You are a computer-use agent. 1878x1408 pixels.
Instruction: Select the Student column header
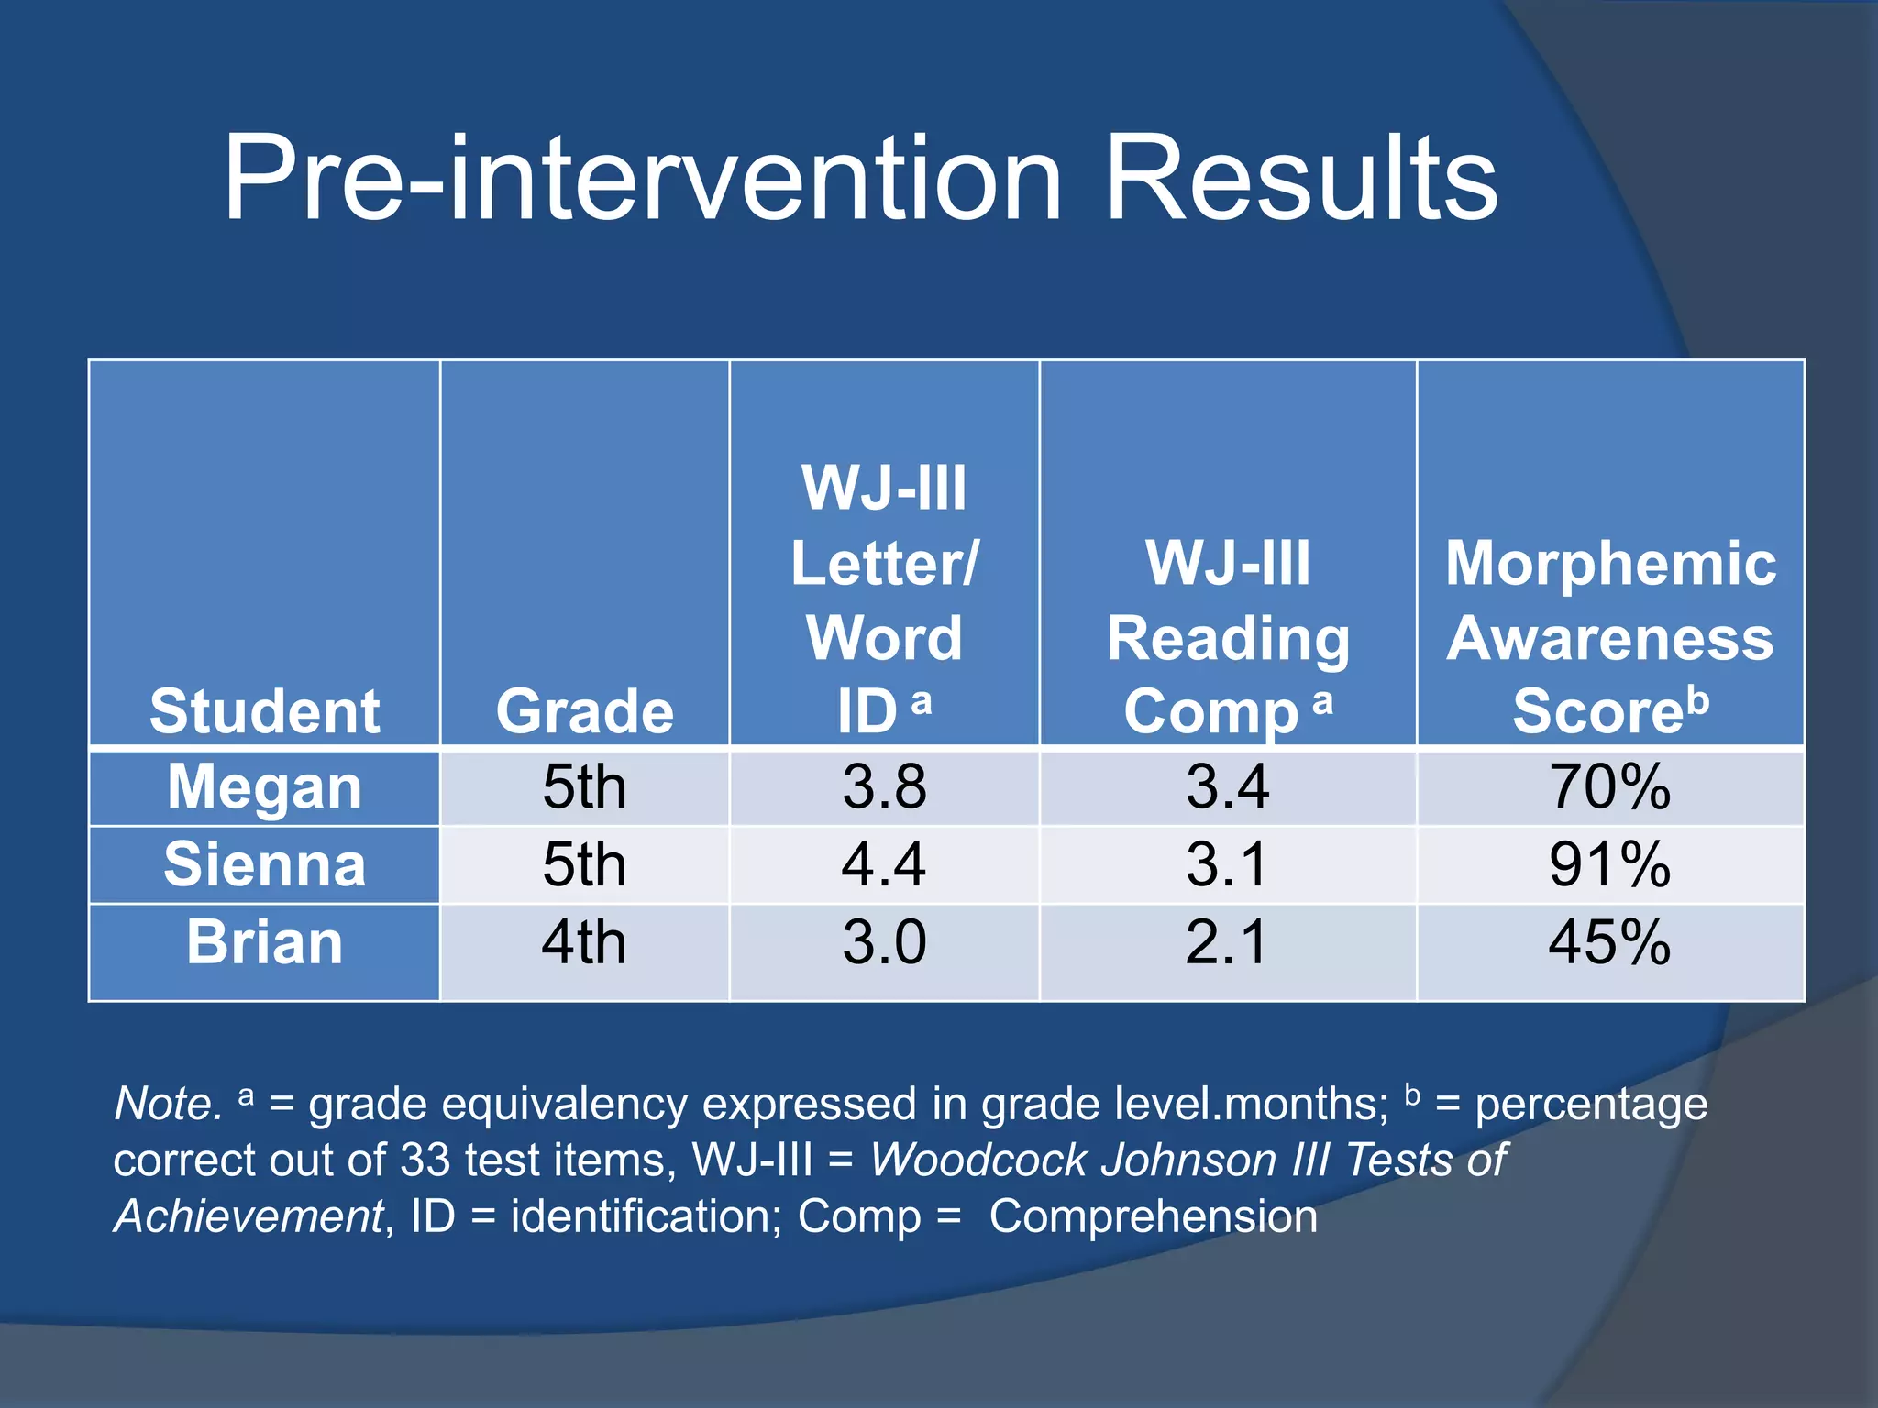click(x=264, y=711)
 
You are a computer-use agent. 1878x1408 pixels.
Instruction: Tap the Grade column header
click(x=584, y=711)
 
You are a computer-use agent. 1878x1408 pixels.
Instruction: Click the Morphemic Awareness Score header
click(x=1610, y=637)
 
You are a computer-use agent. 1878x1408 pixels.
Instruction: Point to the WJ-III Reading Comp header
click(x=1228, y=637)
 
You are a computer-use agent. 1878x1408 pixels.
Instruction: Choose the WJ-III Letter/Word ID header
click(x=884, y=600)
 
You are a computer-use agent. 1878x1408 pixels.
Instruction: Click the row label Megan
click(x=264, y=787)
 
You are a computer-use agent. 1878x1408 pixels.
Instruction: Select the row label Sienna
click(x=264, y=864)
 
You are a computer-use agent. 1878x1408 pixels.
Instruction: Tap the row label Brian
click(x=264, y=942)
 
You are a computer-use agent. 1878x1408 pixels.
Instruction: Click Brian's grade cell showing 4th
click(x=584, y=942)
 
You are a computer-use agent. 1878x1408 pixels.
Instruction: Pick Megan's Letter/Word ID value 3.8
click(x=884, y=787)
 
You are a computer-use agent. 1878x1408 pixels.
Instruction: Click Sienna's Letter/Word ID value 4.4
click(x=884, y=864)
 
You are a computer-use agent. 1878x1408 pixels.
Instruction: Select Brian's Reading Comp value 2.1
click(x=1227, y=942)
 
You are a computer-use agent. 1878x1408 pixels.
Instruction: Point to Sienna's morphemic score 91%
click(x=1609, y=864)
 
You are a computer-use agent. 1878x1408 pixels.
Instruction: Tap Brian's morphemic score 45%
click(x=1609, y=942)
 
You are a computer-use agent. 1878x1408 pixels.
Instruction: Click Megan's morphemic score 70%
click(x=1609, y=787)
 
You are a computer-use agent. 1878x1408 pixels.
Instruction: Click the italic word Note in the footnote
click(x=165, y=1104)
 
